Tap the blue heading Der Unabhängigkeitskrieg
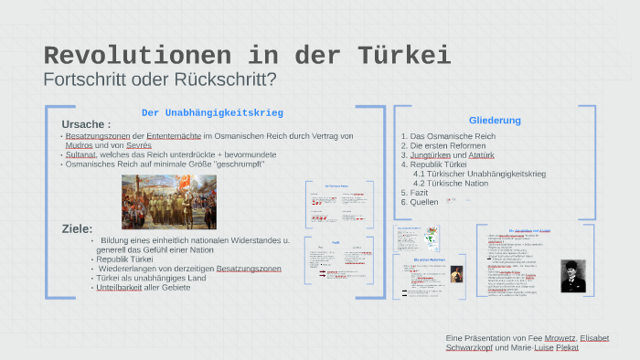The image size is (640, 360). pyautogui.click(x=212, y=112)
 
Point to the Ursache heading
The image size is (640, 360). pyautogui.click(x=86, y=124)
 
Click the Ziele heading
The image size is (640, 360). pyautogui.click(x=77, y=228)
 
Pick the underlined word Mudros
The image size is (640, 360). pyautogui.click(x=80, y=145)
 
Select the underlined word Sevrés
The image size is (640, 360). pyautogui.click(x=139, y=145)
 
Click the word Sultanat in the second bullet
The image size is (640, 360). pyautogui.click(x=80, y=154)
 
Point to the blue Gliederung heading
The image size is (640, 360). pyautogui.click(x=495, y=121)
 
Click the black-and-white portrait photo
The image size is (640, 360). pyautogui.click(x=574, y=274)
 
